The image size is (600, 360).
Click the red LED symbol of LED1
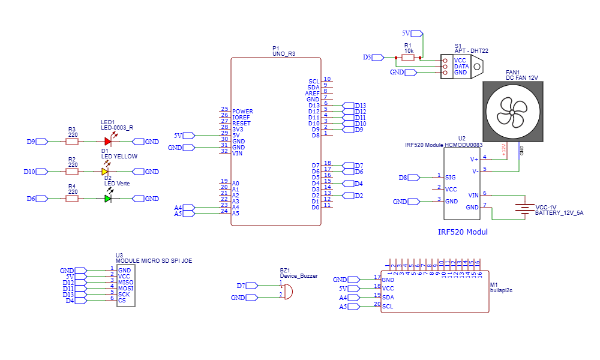point(107,142)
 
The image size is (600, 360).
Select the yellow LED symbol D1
point(105,172)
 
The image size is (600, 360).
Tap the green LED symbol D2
point(107,199)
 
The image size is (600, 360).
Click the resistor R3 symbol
point(73,142)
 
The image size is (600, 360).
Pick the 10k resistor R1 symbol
point(408,58)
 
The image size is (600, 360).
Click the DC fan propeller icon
point(514,112)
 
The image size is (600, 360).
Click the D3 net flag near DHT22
point(377,58)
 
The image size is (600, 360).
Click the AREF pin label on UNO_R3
point(312,94)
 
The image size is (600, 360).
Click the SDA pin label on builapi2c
point(388,298)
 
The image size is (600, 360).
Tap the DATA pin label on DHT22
point(461,67)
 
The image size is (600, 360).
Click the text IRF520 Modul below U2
point(464,232)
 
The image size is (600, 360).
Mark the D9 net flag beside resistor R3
point(41,142)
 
